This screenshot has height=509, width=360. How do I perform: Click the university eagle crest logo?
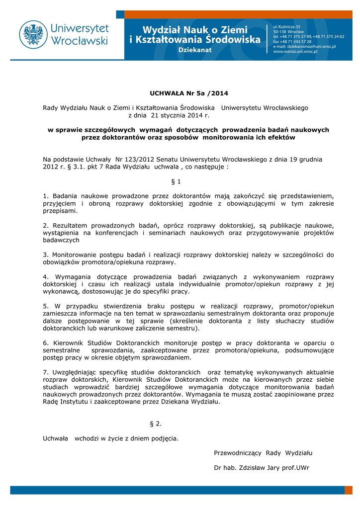tap(33, 34)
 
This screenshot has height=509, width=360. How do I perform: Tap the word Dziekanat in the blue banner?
tap(195, 50)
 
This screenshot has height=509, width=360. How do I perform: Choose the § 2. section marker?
tap(156, 424)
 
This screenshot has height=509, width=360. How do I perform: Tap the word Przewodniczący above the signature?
tap(238, 452)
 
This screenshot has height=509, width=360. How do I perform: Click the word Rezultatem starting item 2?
tap(70, 226)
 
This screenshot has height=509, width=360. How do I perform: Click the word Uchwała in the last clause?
tap(56, 438)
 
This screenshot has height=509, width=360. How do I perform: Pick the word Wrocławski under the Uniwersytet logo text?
tap(80, 41)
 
